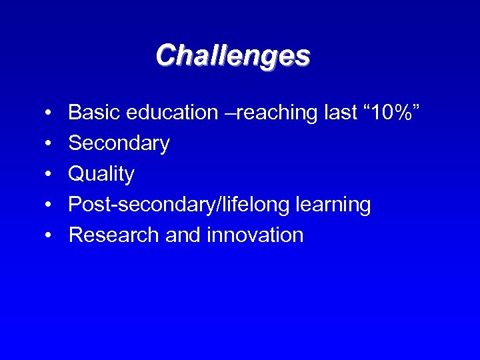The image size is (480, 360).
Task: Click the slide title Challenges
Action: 233,56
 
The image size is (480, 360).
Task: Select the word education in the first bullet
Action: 170,113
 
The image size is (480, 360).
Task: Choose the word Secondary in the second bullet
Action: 119,143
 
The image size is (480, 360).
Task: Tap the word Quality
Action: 101,175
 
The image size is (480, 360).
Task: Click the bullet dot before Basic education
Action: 50,113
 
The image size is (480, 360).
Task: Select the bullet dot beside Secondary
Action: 50,144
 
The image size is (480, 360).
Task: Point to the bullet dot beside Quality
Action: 50,175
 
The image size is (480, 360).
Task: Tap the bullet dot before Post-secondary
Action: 50,205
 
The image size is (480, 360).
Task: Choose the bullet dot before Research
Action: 50,236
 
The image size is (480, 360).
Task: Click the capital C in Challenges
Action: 165,55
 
